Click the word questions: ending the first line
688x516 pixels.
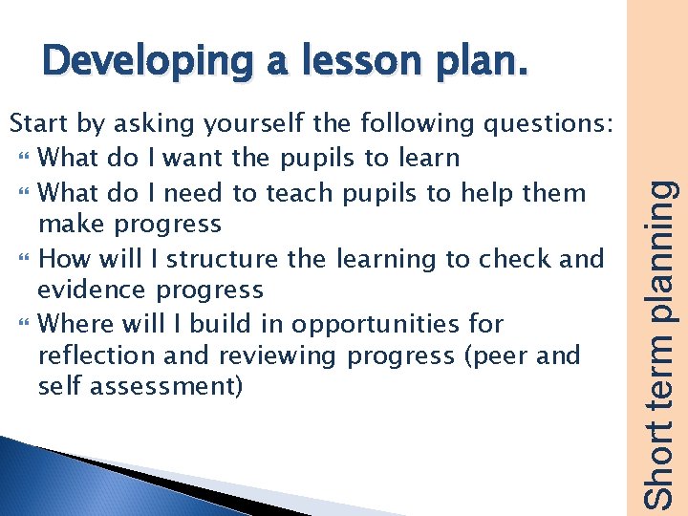point(555,124)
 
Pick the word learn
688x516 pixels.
point(428,157)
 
